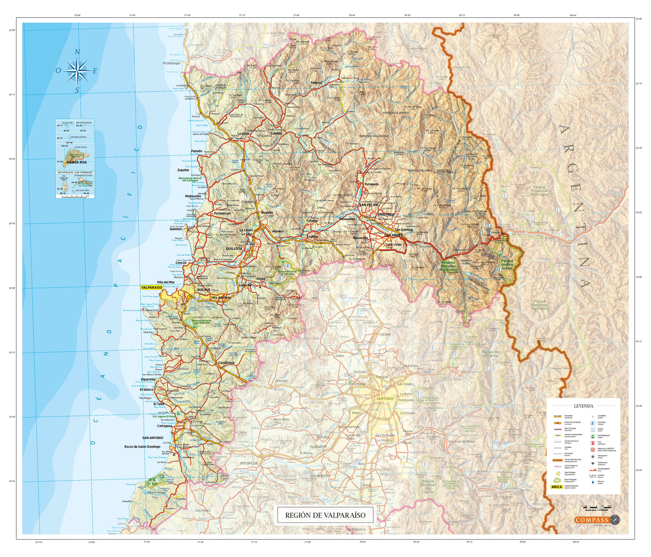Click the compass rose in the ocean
[78, 70]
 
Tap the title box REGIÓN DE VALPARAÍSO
[325, 515]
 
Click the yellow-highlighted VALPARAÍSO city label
[151, 288]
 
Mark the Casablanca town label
[226, 362]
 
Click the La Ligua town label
[245, 133]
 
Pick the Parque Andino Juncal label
[510, 264]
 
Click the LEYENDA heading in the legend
[583, 405]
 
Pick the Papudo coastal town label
[196, 151]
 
